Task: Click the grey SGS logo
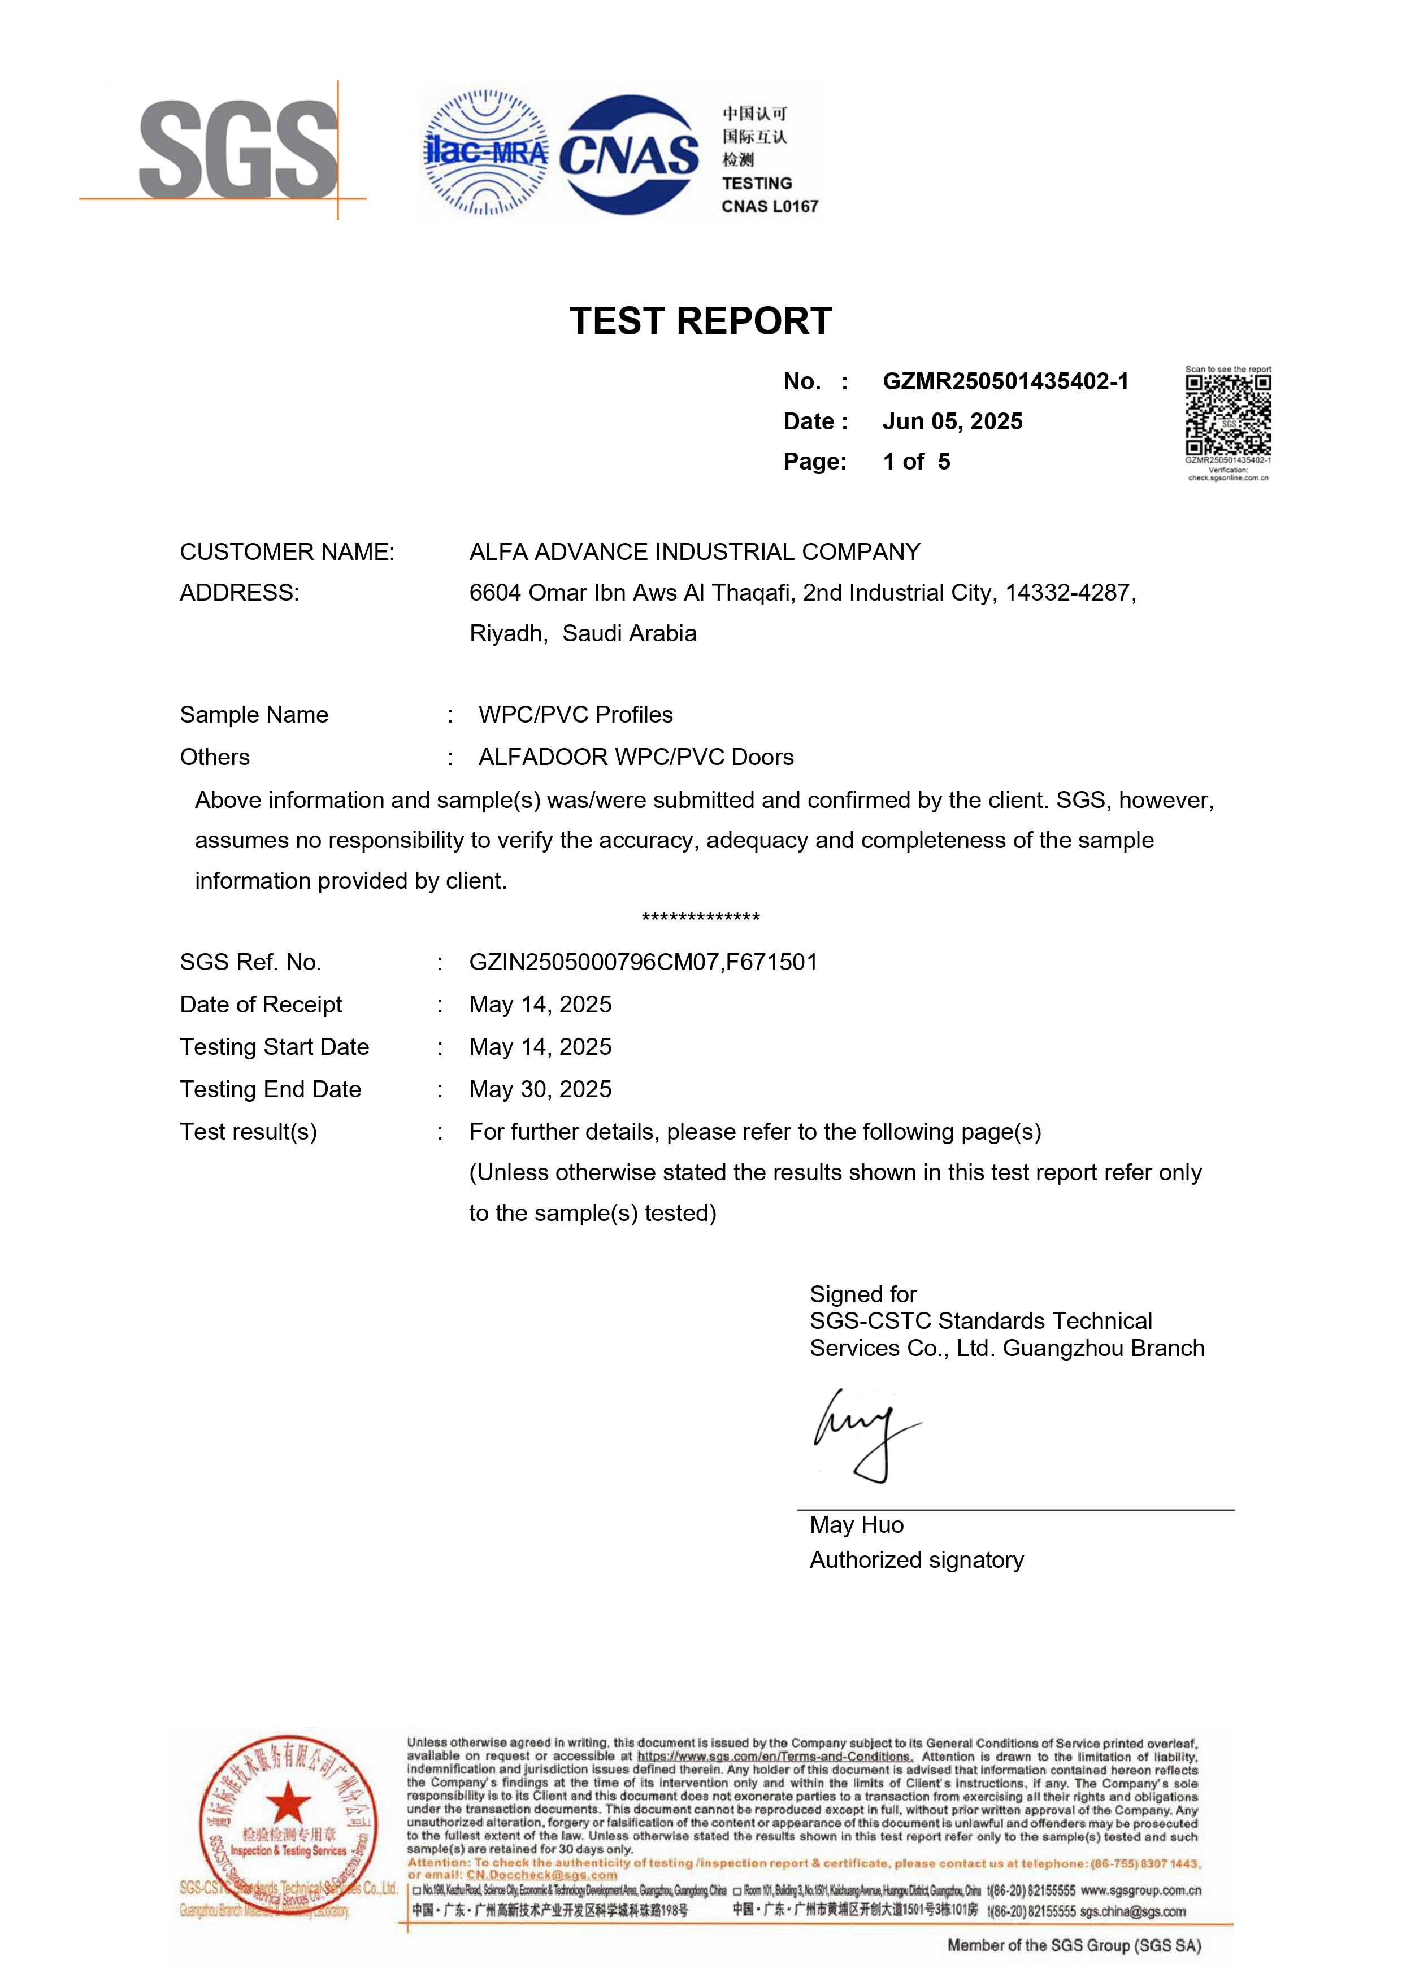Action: pyautogui.click(x=239, y=149)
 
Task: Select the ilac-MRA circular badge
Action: pyautogui.click(x=485, y=153)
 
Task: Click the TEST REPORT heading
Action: pyautogui.click(x=700, y=321)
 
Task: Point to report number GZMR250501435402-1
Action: pyautogui.click(x=1005, y=381)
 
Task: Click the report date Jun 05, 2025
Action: pyautogui.click(x=952, y=421)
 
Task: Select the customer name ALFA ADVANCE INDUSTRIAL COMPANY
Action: pyautogui.click(x=694, y=551)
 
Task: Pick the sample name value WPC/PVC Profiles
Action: pyautogui.click(x=575, y=715)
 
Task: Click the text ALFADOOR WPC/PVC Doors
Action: pyautogui.click(x=635, y=757)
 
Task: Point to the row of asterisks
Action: pyautogui.click(x=700, y=918)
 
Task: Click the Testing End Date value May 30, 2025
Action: pyautogui.click(x=540, y=1089)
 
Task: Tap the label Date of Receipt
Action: pyautogui.click(x=261, y=1005)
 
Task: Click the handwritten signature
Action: pyautogui.click(x=863, y=1434)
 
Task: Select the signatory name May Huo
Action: pyautogui.click(x=856, y=1525)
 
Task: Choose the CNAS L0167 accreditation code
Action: pyautogui.click(x=769, y=206)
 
